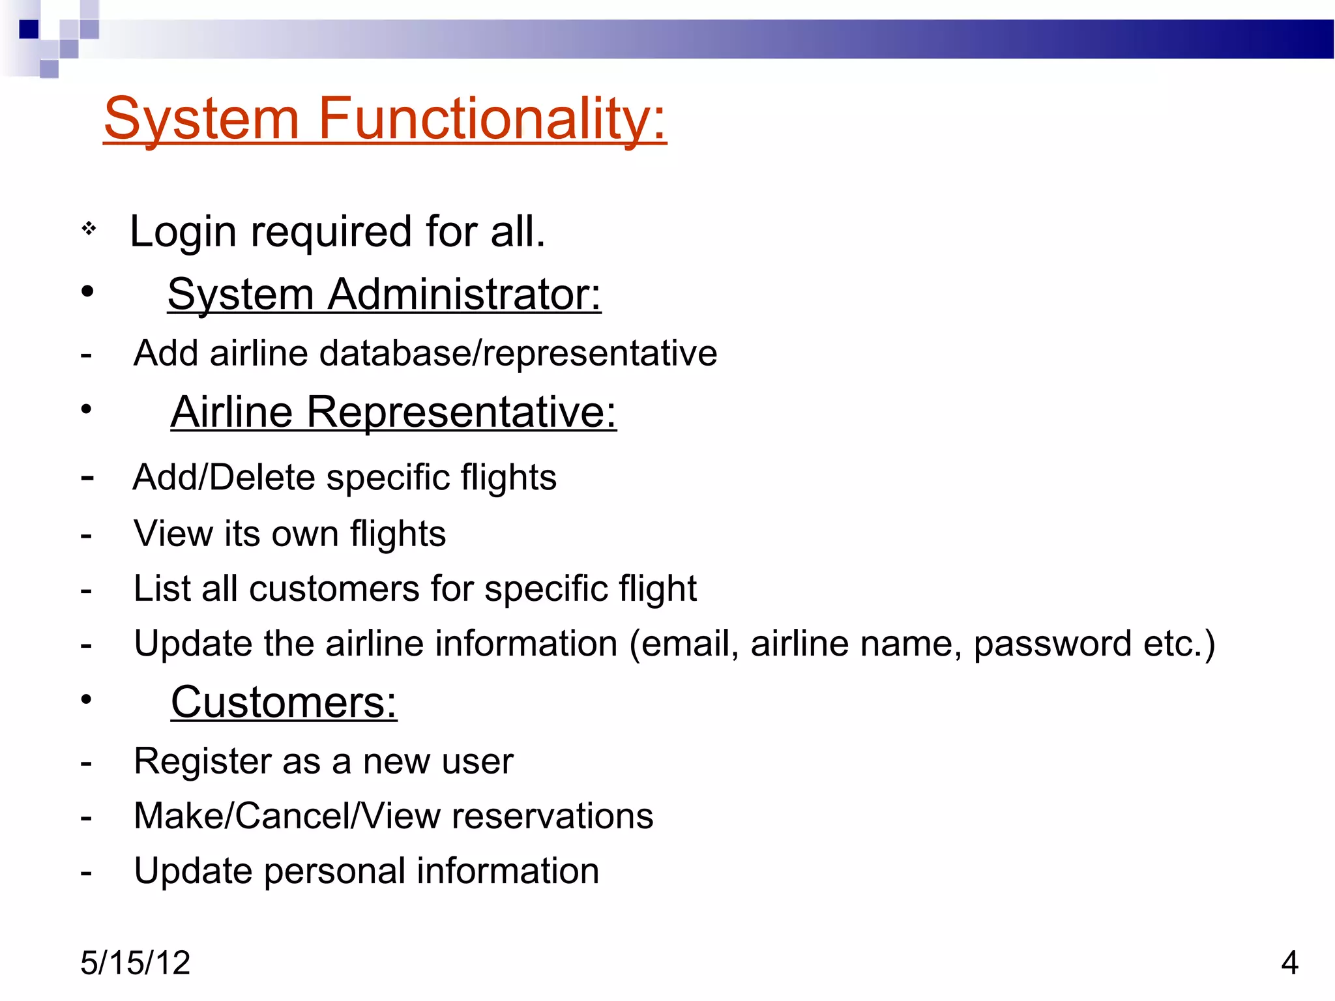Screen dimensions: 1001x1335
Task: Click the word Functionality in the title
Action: [492, 119]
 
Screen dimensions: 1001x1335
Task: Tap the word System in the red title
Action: [201, 119]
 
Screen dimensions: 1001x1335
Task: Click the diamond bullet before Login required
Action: [89, 229]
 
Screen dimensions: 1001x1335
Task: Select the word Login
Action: [183, 232]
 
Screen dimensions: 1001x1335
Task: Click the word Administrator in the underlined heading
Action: [464, 295]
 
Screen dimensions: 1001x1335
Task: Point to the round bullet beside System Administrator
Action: [87, 291]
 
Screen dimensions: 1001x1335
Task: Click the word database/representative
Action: [518, 354]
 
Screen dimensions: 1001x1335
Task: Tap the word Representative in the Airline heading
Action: [461, 413]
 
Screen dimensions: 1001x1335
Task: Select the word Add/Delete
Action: [224, 478]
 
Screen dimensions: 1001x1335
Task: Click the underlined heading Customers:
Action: [284, 703]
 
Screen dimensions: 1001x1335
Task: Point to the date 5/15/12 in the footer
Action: [136, 963]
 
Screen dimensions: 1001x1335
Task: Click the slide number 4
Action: [1289, 963]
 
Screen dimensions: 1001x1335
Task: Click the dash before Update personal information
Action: [86, 873]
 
